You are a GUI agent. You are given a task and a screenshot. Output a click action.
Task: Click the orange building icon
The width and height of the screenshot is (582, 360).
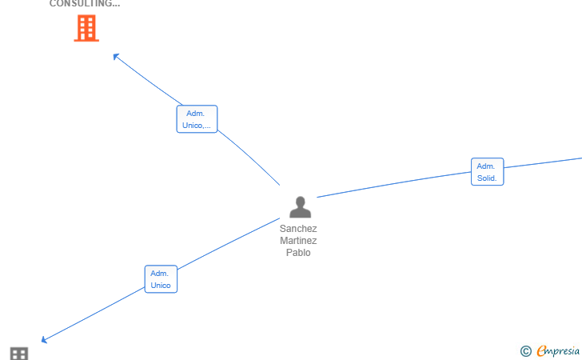86,28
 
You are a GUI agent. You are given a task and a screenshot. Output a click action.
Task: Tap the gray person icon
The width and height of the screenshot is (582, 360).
300,207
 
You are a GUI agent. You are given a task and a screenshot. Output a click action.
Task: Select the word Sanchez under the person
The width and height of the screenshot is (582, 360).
298,229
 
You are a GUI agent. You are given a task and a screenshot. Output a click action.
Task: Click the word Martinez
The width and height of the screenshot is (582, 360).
298,241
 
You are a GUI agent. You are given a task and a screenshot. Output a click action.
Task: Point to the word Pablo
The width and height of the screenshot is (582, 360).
298,253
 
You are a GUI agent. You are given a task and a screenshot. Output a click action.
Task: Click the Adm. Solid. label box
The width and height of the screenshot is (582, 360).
487,172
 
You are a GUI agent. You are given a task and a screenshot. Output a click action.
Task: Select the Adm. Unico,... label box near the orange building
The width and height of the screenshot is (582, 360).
197,119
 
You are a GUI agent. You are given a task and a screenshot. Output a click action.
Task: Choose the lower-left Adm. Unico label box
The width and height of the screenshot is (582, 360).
161,279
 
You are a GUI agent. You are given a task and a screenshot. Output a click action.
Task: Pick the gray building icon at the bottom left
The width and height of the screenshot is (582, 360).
19,354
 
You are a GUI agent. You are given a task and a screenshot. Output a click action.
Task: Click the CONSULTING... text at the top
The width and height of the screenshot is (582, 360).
85,4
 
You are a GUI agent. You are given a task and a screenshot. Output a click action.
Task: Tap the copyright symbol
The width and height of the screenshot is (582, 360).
525,350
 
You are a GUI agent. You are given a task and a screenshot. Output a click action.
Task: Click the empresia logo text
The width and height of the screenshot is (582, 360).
558,350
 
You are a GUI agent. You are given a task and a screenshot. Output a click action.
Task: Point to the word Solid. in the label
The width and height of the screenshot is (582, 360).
487,178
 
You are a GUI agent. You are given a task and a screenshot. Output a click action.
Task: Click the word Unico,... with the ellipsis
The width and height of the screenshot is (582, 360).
197,126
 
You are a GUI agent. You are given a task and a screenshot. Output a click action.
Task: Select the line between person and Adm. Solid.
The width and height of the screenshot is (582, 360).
392,185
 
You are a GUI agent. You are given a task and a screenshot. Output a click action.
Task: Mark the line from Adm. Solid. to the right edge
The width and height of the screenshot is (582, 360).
544,163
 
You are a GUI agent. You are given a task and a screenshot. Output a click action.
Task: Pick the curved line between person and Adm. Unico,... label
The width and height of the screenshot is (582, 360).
252,157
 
